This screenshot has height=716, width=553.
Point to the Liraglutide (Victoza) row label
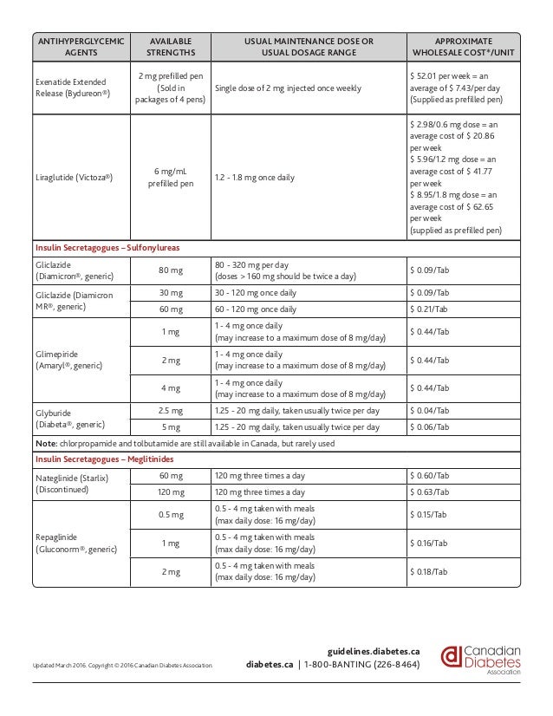(76, 177)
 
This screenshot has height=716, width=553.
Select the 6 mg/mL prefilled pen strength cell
(170, 177)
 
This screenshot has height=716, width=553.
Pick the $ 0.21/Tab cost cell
(429, 309)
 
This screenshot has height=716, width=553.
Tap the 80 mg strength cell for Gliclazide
(170, 270)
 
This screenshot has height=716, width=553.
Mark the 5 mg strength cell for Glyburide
(170, 427)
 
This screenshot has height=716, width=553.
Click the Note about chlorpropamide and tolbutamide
(184, 443)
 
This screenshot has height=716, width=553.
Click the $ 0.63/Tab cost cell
(429, 491)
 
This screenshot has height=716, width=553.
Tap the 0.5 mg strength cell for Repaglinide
(170, 514)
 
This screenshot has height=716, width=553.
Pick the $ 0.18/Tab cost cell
(429, 572)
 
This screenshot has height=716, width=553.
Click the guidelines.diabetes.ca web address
(374, 650)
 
